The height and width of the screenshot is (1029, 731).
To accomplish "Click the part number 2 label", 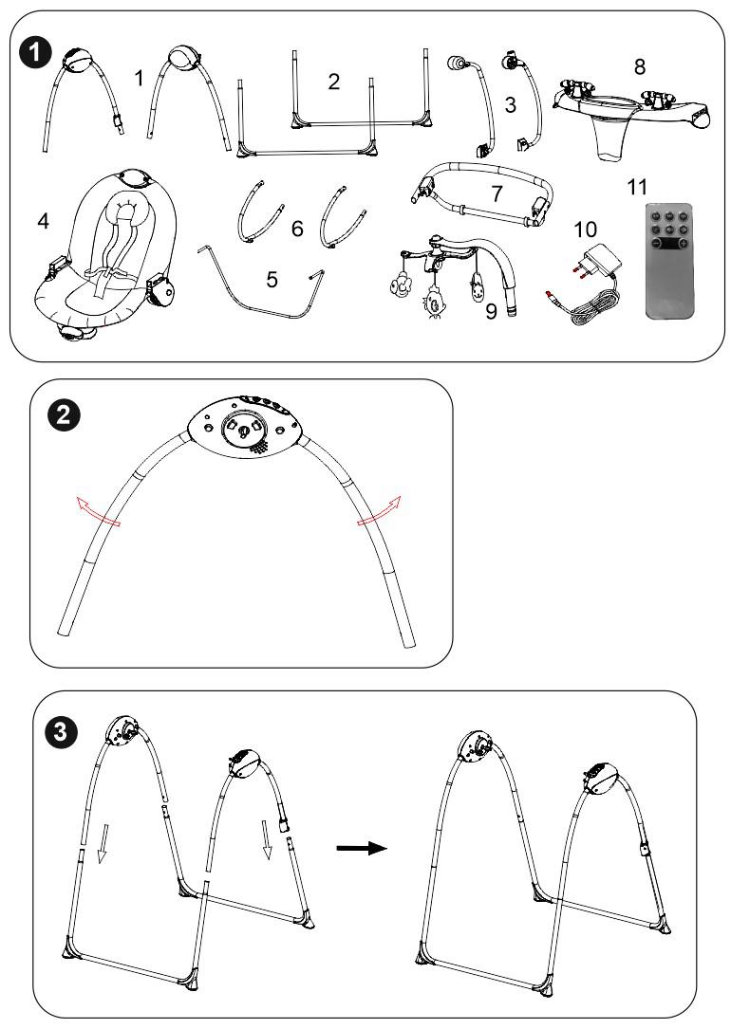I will tap(333, 82).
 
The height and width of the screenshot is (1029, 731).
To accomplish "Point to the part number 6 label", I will tap(297, 229).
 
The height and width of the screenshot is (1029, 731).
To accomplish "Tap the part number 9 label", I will tap(490, 310).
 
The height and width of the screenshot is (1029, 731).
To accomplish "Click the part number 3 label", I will tap(510, 105).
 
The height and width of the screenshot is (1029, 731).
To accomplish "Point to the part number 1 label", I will tap(140, 79).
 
